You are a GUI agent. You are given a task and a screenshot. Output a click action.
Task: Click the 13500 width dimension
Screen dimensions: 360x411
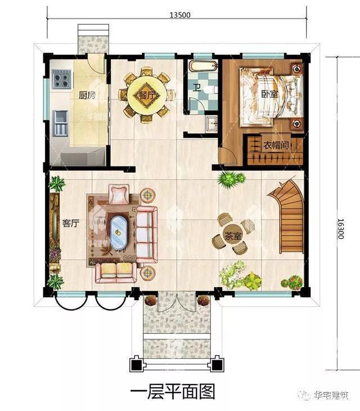click(180, 15)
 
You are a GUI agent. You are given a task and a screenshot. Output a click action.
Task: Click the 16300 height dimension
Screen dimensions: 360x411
click(340, 229)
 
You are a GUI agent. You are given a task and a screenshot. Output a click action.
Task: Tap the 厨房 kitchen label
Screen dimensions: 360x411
click(87, 95)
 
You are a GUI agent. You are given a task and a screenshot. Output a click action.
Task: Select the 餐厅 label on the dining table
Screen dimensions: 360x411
click(147, 95)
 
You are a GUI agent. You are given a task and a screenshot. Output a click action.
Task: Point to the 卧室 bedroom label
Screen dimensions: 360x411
click(269, 94)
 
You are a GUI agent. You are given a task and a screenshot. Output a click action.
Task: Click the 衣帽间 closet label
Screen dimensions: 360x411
click(276, 145)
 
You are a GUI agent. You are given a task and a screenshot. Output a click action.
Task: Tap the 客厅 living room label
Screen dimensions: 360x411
click(71, 224)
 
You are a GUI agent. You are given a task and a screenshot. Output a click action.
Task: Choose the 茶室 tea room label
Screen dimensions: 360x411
click(232, 236)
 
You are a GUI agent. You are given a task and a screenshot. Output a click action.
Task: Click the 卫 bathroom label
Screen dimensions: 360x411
click(197, 87)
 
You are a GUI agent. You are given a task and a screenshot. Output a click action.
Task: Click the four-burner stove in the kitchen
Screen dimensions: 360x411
click(61, 79)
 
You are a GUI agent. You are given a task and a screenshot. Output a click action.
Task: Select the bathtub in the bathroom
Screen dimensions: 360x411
click(204, 66)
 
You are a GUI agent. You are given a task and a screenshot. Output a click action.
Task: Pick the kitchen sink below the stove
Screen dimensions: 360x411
click(61, 123)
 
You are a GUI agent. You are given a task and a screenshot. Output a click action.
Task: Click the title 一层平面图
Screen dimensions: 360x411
click(173, 392)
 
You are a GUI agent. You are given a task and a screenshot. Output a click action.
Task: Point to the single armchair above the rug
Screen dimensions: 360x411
click(119, 194)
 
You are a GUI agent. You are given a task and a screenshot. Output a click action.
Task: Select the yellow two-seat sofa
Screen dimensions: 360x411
click(116, 273)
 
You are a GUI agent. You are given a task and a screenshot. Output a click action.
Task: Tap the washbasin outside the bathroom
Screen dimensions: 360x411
click(211, 123)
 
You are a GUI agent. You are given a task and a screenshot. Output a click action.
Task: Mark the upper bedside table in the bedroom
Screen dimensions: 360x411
click(297, 69)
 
